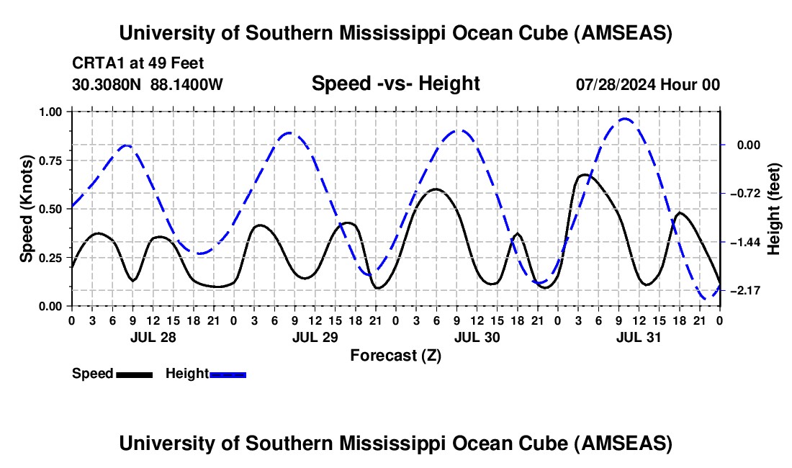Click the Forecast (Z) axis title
tap(395, 355)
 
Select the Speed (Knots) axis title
tap(27, 209)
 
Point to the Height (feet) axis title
tap(775, 209)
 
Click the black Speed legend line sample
tap(135, 374)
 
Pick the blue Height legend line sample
tap(228, 374)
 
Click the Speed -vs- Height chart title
tap(395, 84)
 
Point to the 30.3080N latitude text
tap(107, 85)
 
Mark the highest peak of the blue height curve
tap(624, 119)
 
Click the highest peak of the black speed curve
tap(585, 174)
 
